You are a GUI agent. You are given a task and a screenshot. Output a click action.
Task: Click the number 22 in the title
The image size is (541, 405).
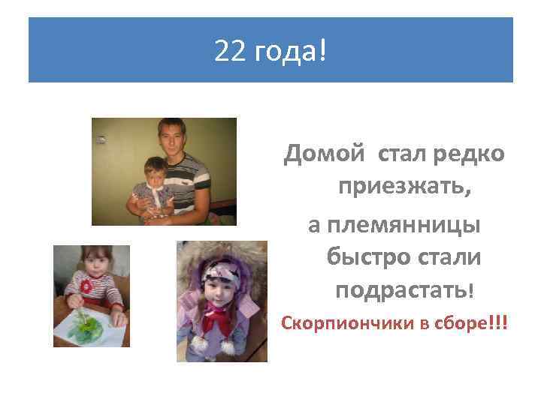[x=227, y=51]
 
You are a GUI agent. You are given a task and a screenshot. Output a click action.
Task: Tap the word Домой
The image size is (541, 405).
[x=321, y=155]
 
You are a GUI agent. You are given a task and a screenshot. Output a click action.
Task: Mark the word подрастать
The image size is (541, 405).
[x=403, y=289]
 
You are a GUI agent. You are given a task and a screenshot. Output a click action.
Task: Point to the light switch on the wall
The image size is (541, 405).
[x=100, y=139]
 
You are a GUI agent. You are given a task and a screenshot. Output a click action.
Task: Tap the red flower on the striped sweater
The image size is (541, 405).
[x=86, y=286]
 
